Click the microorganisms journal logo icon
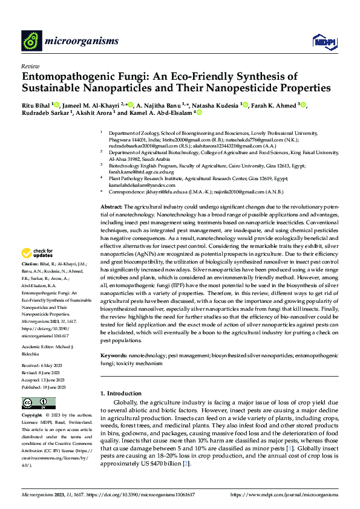tap(31, 41)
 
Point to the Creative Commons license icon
tap(35, 403)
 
